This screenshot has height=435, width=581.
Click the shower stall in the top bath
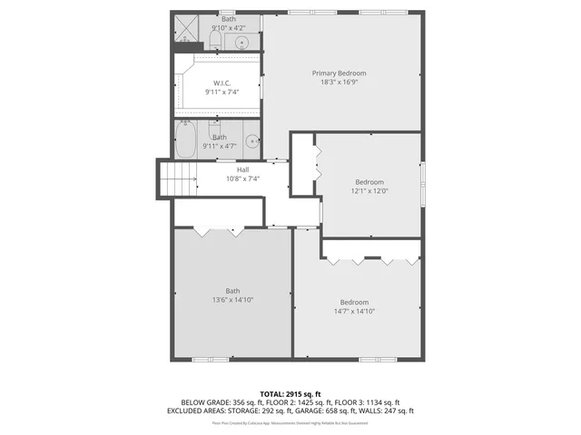[x=188, y=31]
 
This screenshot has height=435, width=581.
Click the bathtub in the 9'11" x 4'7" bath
[x=185, y=140]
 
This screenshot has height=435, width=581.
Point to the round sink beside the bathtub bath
[x=251, y=141]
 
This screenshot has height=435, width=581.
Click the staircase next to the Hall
[x=178, y=178]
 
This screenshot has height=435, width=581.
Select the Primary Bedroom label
[x=339, y=73]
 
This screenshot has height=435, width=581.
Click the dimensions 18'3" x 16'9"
[x=339, y=82]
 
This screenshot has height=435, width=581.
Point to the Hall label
[x=242, y=169]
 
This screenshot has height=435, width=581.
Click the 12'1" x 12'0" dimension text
[x=370, y=190]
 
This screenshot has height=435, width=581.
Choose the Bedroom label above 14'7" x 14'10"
[x=354, y=302]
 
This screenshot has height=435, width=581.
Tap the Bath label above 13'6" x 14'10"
[x=233, y=291]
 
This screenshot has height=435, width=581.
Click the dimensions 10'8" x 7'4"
[x=242, y=179]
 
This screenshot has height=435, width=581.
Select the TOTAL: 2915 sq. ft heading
[x=290, y=394]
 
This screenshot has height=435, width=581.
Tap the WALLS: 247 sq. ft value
[x=389, y=411]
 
